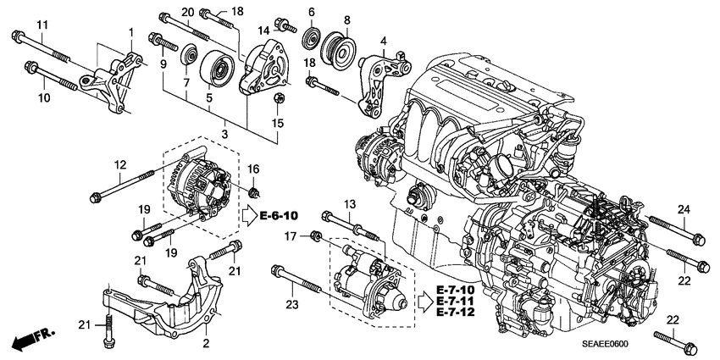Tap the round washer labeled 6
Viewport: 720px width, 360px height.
311,40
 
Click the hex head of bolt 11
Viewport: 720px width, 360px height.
17,36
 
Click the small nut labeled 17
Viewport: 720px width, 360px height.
316,235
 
